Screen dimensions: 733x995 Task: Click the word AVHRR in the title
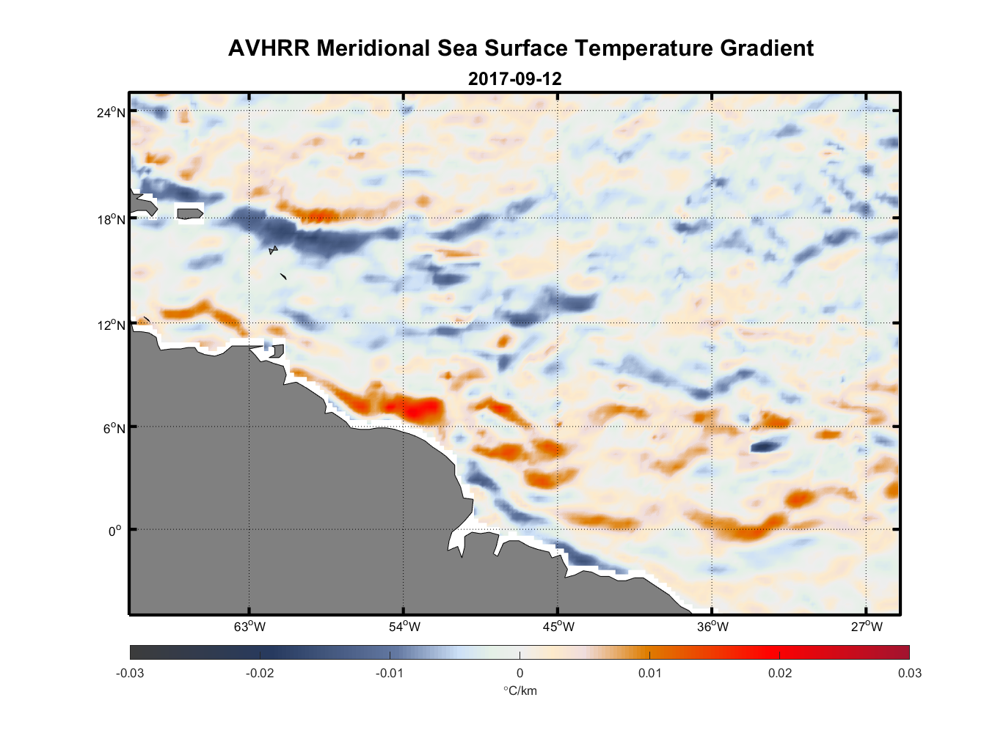269,48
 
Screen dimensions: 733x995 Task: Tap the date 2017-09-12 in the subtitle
514,79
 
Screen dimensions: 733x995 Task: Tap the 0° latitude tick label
115,531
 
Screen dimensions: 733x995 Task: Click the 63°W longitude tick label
249,627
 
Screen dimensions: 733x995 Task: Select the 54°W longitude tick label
404,627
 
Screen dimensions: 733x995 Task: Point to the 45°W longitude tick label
558,627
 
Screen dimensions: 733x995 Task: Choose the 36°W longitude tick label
712,627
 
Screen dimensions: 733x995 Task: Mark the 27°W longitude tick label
867,627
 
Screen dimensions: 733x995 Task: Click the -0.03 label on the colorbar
130,674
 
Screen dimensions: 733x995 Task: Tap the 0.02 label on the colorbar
779,674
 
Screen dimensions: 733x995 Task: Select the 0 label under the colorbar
520,674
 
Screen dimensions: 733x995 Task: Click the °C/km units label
520,690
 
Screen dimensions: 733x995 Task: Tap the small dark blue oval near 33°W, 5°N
766,445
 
